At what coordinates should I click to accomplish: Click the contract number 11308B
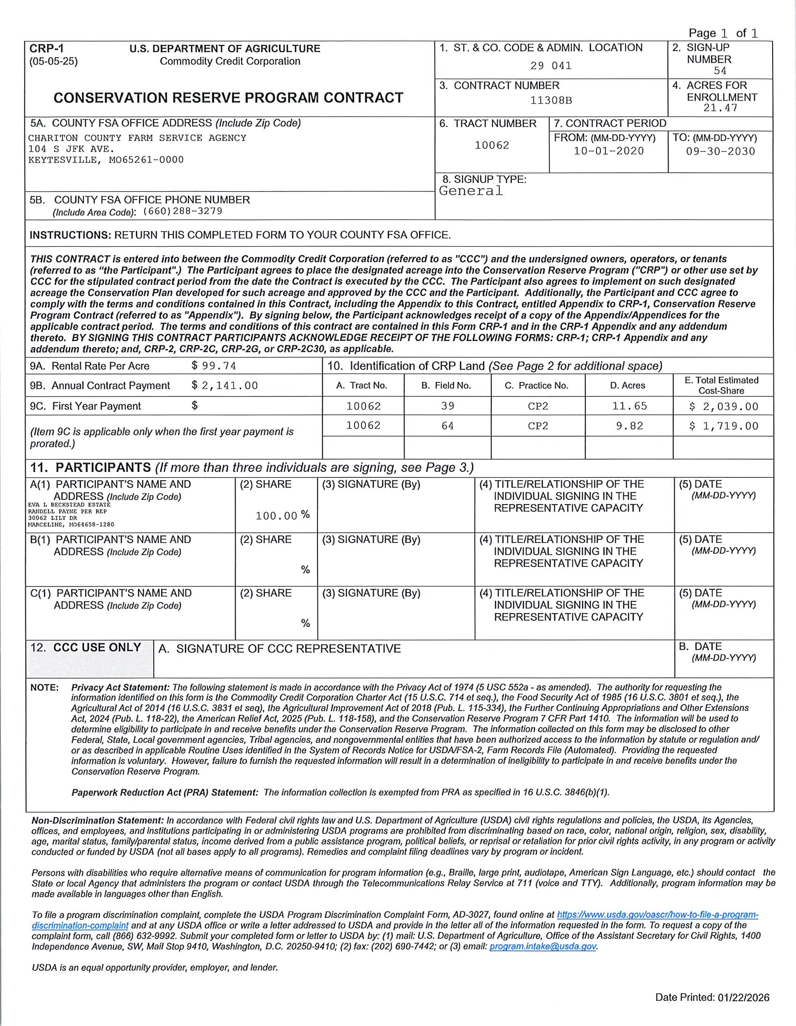tap(551, 101)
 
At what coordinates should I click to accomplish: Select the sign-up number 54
tap(720, 71)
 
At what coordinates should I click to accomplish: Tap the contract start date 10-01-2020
tap(609, 151)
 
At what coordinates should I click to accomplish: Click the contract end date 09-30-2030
tap(720, 152)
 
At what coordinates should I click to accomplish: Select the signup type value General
tap(471, 191)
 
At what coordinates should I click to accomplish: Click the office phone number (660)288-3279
tap(182, 212)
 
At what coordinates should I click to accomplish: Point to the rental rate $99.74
tap(214, 366)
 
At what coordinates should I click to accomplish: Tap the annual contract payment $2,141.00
tap(225, 386)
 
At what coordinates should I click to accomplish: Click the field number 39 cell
tap(447, 406)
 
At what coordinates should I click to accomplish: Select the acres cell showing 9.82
tap(629, 426)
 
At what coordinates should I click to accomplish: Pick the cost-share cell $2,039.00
tap(723, 407)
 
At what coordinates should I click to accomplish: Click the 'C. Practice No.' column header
tap(536, 386)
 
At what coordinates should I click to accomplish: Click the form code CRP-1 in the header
tap(46, 49)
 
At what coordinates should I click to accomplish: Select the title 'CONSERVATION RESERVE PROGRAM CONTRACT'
tap(228, 98)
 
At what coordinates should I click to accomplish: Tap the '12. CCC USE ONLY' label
tap(86, 648)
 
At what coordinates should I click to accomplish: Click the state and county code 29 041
tap(551, 66)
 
